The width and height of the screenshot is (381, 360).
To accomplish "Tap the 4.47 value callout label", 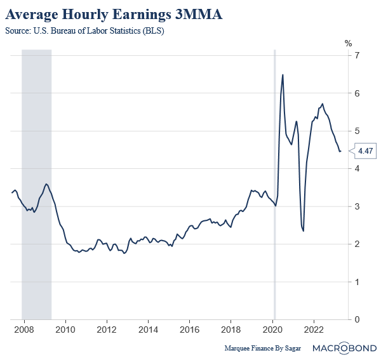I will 365,151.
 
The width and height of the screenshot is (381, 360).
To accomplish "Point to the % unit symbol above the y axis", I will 348,43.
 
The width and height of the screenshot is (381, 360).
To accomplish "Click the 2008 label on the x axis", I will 24,331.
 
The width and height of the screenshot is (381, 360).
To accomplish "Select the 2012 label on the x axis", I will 107,331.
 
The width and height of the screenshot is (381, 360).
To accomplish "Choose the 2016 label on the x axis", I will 190,331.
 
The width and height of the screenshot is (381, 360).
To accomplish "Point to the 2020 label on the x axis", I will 272,331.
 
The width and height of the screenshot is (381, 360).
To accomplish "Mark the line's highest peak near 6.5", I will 283,75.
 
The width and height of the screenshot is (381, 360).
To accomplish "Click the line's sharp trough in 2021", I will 304,230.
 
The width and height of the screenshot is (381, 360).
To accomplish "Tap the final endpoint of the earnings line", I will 340,151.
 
